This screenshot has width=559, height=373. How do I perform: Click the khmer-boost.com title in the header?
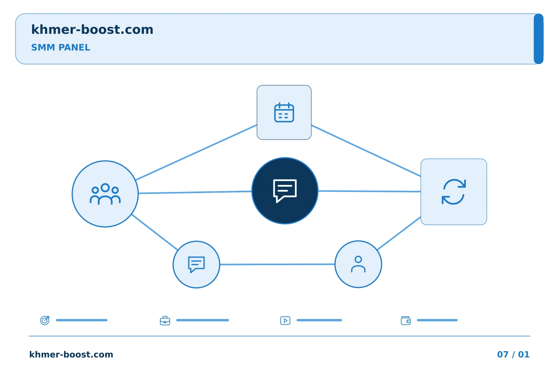92,30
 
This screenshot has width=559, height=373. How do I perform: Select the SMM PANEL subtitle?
61,47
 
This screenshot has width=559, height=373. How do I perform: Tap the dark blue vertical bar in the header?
538,39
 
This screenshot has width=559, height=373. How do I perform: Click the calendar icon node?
284,112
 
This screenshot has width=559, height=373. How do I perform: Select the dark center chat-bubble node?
285,191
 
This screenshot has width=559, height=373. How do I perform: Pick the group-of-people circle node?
105,194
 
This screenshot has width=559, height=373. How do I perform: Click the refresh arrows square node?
454,192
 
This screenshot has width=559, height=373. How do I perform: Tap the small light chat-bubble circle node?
196,265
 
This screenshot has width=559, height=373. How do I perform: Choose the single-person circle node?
358,264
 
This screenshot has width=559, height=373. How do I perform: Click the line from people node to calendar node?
196,152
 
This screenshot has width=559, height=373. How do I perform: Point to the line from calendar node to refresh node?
366,151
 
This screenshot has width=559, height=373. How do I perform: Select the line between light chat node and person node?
277,264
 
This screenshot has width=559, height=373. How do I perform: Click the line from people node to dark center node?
195,192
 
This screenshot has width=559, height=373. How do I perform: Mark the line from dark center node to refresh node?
369,192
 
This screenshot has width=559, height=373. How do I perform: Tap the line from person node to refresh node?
399,234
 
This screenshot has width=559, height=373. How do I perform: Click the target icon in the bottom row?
45,320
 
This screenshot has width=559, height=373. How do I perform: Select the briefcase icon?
165,321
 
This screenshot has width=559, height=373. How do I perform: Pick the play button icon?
285,321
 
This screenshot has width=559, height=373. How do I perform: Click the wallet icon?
406,321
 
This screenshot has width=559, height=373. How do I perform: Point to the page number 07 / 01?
513,354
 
